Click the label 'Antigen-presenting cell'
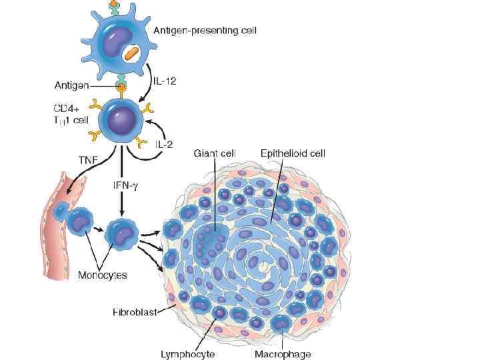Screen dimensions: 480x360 coord(205,30)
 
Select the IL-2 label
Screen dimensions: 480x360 coord(163,143)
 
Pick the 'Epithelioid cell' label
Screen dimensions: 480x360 coord(293,153)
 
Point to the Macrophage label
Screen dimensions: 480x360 coord(283,354)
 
